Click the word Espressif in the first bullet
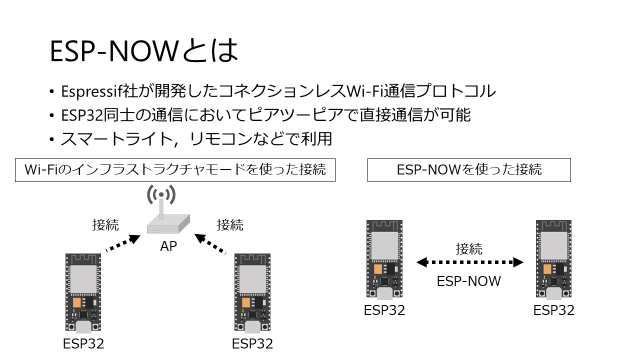[94, 91]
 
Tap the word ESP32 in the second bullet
[84, 115]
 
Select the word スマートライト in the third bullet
[109, 139]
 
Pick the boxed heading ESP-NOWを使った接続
[468, 170]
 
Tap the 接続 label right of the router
[230, 225]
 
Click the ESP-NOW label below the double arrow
[469, 282]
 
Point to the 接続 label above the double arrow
[469, 247]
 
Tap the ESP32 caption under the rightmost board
[554, 310]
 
